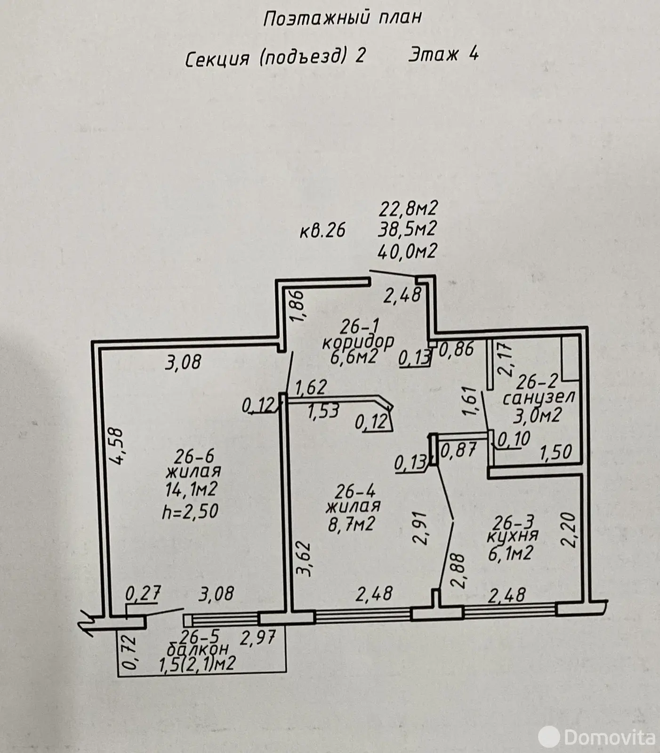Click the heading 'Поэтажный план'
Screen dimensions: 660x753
pos(342,18)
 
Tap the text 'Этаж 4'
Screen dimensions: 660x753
pos(443,54)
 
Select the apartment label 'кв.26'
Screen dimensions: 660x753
pos(323,231)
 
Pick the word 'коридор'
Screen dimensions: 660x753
pos(358,341)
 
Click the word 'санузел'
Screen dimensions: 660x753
pos(539,398)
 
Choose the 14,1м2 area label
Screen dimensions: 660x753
pos(190,490)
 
